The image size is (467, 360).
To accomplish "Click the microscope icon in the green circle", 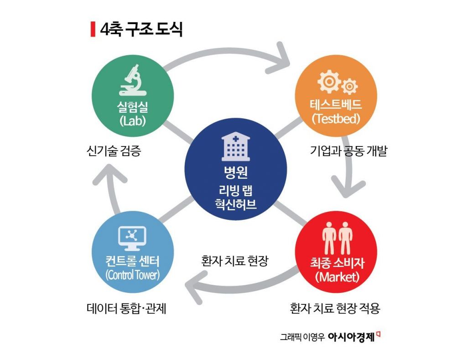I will pyautogui.click(x=133, y=81).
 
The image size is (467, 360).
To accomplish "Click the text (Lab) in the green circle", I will pyautogui.click(x=133, y=122).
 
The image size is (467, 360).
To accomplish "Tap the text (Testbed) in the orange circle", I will pyautogui.click(x=336, y=118).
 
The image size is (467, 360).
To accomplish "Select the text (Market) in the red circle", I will pyautogui.click(x=337, y=277).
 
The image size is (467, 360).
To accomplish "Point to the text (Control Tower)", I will pyautogui.click(x=132, y=276).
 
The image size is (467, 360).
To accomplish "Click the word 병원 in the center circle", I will pyautogui.click(x=235, y=173).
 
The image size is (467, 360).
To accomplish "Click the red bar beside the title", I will pyautogui.click(x=93, y=29).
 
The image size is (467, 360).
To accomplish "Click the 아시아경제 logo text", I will pyautogui.click(x=351, y=338).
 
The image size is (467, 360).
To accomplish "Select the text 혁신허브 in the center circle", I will pyautogui.click(x=235, y=203).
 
